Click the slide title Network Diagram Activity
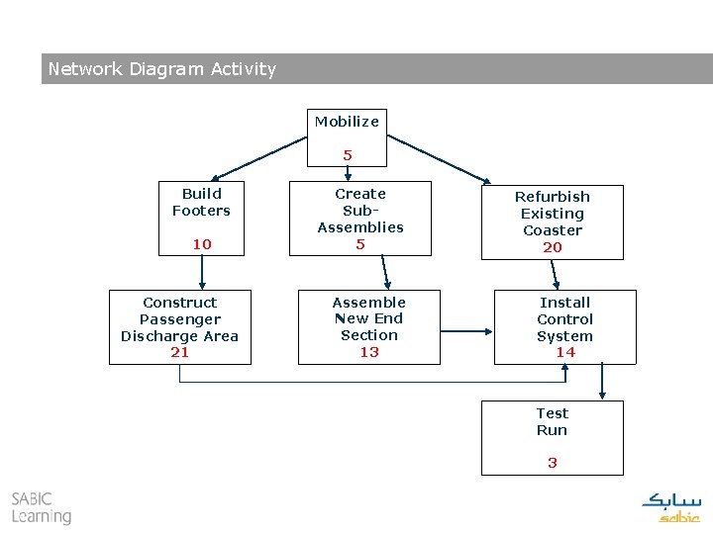[x=162, y=69]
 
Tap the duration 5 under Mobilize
[x=348, y=155]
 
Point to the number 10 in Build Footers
[x=202, y=243]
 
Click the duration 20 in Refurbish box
[x=553, y=247]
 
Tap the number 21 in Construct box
[x=180, y=352]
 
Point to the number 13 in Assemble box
[x=369, y=352]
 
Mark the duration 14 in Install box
[x=565, y=352]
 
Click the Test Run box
[x=553, y=435]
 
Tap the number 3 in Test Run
[x=553, y=462]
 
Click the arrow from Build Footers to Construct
[x=202, y=271]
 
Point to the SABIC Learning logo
[x=42, y=507]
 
